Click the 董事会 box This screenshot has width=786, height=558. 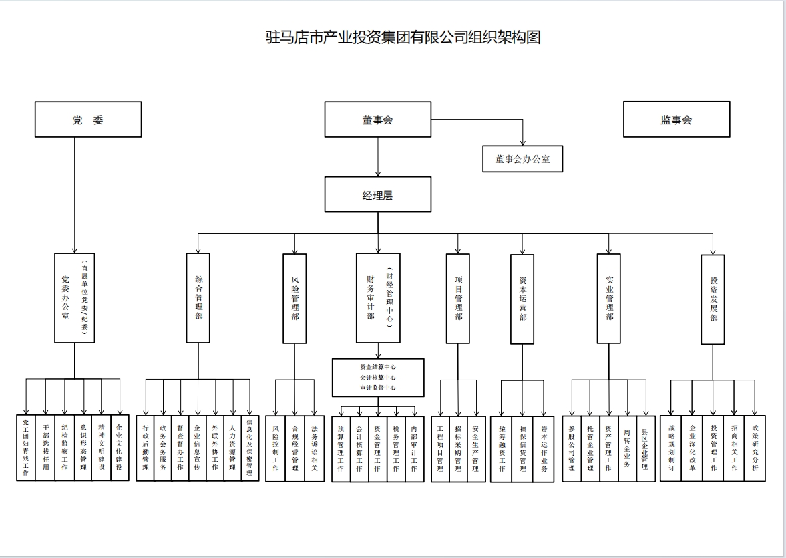point(377,120)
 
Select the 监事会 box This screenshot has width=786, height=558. point(676,120)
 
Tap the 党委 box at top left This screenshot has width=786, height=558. point(88,120)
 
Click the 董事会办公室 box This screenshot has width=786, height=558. point(522,159)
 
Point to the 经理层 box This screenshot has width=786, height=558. point(377,194)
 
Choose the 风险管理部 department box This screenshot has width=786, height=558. point(294,298)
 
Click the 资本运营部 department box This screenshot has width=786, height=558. point(522,299)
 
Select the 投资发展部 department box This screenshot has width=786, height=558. point(713,299)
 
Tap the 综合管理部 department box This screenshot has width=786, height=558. point(198,298)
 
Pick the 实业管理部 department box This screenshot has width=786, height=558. point(608,298)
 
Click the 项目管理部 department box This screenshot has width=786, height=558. point(458,298)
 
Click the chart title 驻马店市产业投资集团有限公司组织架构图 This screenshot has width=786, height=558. point(403,37)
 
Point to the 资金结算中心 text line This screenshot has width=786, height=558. point(378,367)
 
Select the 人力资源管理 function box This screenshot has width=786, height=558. point(232,448)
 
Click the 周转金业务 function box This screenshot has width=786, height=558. point(626,448)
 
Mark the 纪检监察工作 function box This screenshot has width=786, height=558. point(64,448)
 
